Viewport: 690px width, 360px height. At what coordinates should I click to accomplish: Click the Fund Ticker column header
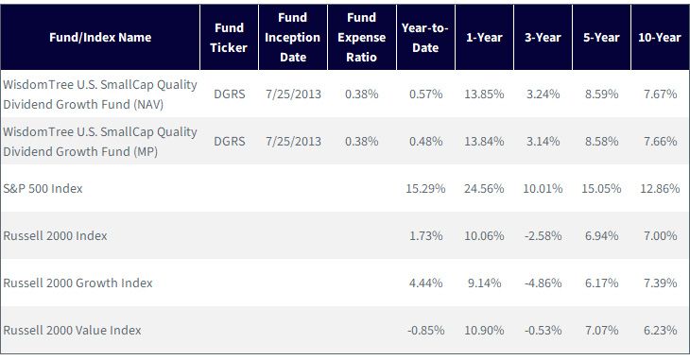point(229,38)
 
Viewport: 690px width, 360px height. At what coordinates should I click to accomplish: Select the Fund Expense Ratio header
point(362,38)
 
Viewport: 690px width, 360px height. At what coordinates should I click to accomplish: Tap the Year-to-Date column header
point(425,38)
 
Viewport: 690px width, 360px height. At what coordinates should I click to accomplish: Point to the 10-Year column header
point(660,38)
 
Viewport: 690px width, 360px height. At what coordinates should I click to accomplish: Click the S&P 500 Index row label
point(43,188)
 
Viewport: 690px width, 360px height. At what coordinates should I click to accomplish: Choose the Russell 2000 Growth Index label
point(78,283)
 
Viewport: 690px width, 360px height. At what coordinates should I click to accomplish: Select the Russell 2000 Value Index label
point(72,330)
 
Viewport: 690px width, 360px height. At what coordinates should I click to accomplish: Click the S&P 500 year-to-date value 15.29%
point(425,188)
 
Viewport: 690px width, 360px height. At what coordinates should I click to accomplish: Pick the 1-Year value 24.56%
point(484,188)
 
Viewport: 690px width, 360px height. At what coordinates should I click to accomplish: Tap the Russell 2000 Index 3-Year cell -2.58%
point(543,236)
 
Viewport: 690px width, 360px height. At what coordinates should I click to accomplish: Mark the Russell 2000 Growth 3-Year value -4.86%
point(543,283)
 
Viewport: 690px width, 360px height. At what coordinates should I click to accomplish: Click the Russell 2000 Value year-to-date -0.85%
point(426,330)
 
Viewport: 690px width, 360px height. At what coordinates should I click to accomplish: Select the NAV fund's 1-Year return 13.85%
point(484,94)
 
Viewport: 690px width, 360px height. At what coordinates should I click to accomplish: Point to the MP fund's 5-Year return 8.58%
point(601,142)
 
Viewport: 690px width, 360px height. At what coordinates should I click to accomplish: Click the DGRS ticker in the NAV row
point(230,94)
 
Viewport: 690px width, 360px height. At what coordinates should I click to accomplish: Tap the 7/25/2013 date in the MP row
point(293,142)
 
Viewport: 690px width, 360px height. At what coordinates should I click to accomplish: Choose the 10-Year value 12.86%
point(660,188)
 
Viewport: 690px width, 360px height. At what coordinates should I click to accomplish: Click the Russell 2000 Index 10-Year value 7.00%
point(660,236)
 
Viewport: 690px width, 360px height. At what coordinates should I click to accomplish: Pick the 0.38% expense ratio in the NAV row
point(362,94)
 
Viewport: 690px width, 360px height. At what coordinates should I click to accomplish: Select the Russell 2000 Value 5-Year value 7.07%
point(601,330)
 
